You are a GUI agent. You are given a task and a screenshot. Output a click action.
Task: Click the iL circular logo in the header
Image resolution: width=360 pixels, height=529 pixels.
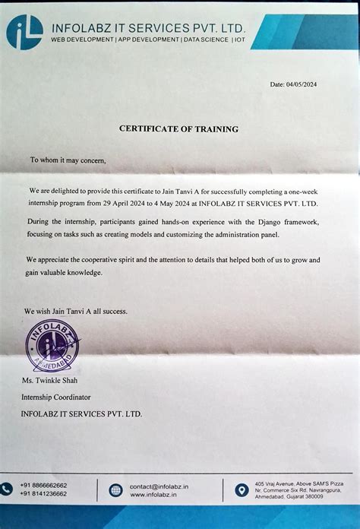point(23,32)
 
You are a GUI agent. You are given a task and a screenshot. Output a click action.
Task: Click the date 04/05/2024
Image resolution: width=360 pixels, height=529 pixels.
point(298,84)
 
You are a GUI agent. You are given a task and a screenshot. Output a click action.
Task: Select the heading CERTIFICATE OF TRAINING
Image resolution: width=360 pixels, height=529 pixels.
point(178,129)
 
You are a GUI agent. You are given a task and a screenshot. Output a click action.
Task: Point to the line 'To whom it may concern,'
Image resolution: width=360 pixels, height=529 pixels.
point(63,160)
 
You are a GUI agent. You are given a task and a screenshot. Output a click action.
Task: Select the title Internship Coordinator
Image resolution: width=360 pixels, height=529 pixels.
point(55,397)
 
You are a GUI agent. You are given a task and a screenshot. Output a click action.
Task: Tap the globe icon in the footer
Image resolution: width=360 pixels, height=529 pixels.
point(115,490)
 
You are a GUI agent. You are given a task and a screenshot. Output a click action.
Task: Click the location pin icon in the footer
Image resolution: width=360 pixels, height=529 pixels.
point(242,490)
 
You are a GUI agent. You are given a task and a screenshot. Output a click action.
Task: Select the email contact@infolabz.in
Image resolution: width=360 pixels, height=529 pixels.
point(159,486)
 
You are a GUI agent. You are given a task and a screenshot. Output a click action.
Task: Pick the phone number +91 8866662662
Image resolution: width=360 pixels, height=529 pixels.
point(43,485)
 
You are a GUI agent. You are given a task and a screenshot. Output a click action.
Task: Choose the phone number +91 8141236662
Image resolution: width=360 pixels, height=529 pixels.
point(43,494)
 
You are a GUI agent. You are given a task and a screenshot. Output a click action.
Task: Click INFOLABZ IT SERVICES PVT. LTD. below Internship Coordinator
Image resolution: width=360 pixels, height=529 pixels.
point(81,413)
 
